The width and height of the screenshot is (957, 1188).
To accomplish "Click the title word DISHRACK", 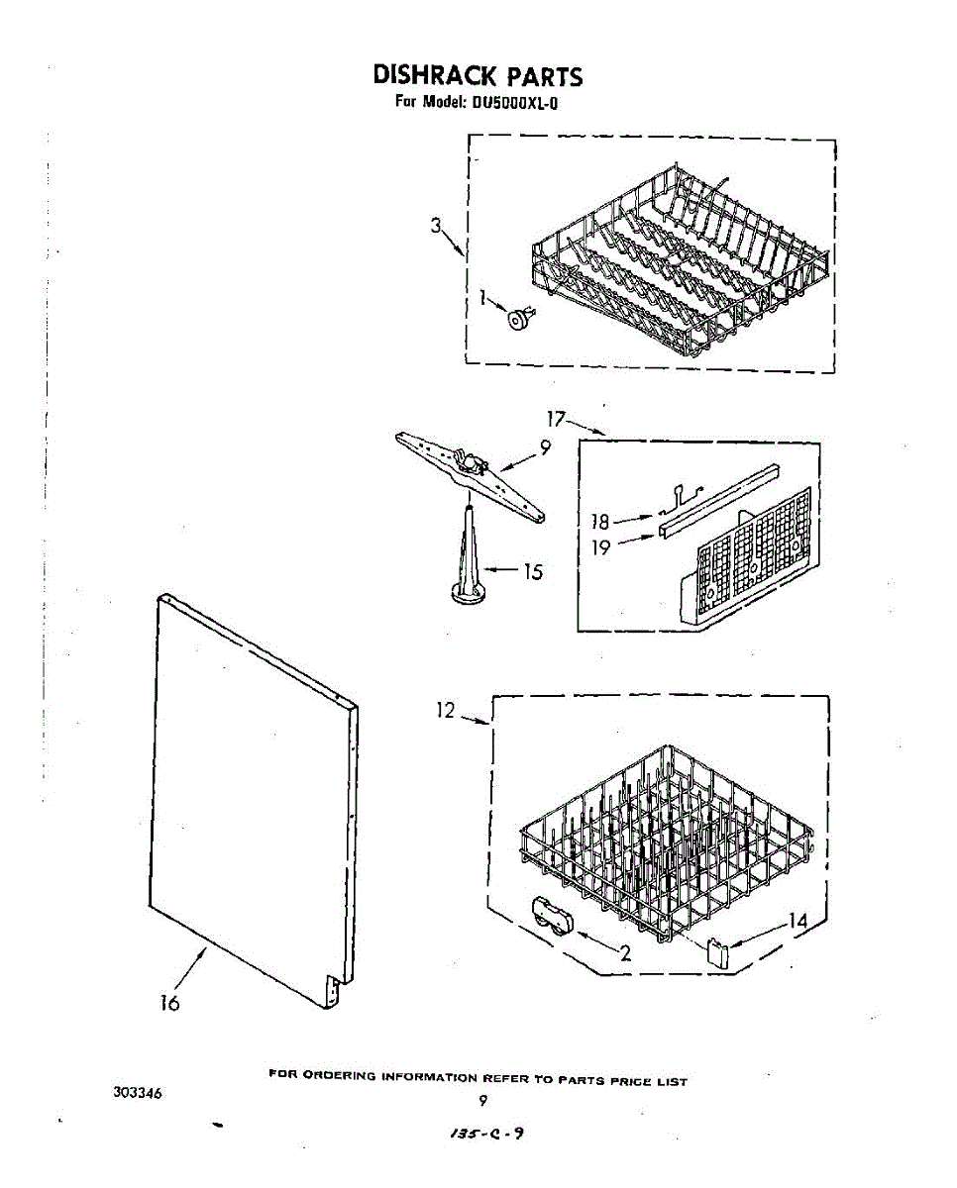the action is pyautogui.click(x=429, y=75).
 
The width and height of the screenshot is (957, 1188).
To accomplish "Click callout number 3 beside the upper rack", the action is pyautogui.click(x=435, y=226).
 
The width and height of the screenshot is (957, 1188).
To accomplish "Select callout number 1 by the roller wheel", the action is pyautogui.click(x=484, y=295).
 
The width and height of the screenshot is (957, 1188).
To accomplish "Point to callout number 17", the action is pyautogui.click(x=557, y=419).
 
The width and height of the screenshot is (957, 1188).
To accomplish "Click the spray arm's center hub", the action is pyautogui.click(x=475, y=461).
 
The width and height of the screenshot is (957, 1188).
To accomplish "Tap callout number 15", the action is pyautogui.click(x=534, y=571).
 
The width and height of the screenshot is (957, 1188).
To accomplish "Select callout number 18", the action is pyautogui.click(x=601, y=521).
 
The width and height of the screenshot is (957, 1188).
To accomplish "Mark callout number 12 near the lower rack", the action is pyautogui.click(x=446, y=710).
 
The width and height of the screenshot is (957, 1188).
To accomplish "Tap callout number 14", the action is pyautogui.click(x=797, y=923).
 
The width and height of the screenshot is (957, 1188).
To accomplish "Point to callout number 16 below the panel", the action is pyautogui.click(x=170, y=1003).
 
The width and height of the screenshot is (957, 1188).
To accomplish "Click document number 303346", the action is pyautogui.click(x=138, y=1093).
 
